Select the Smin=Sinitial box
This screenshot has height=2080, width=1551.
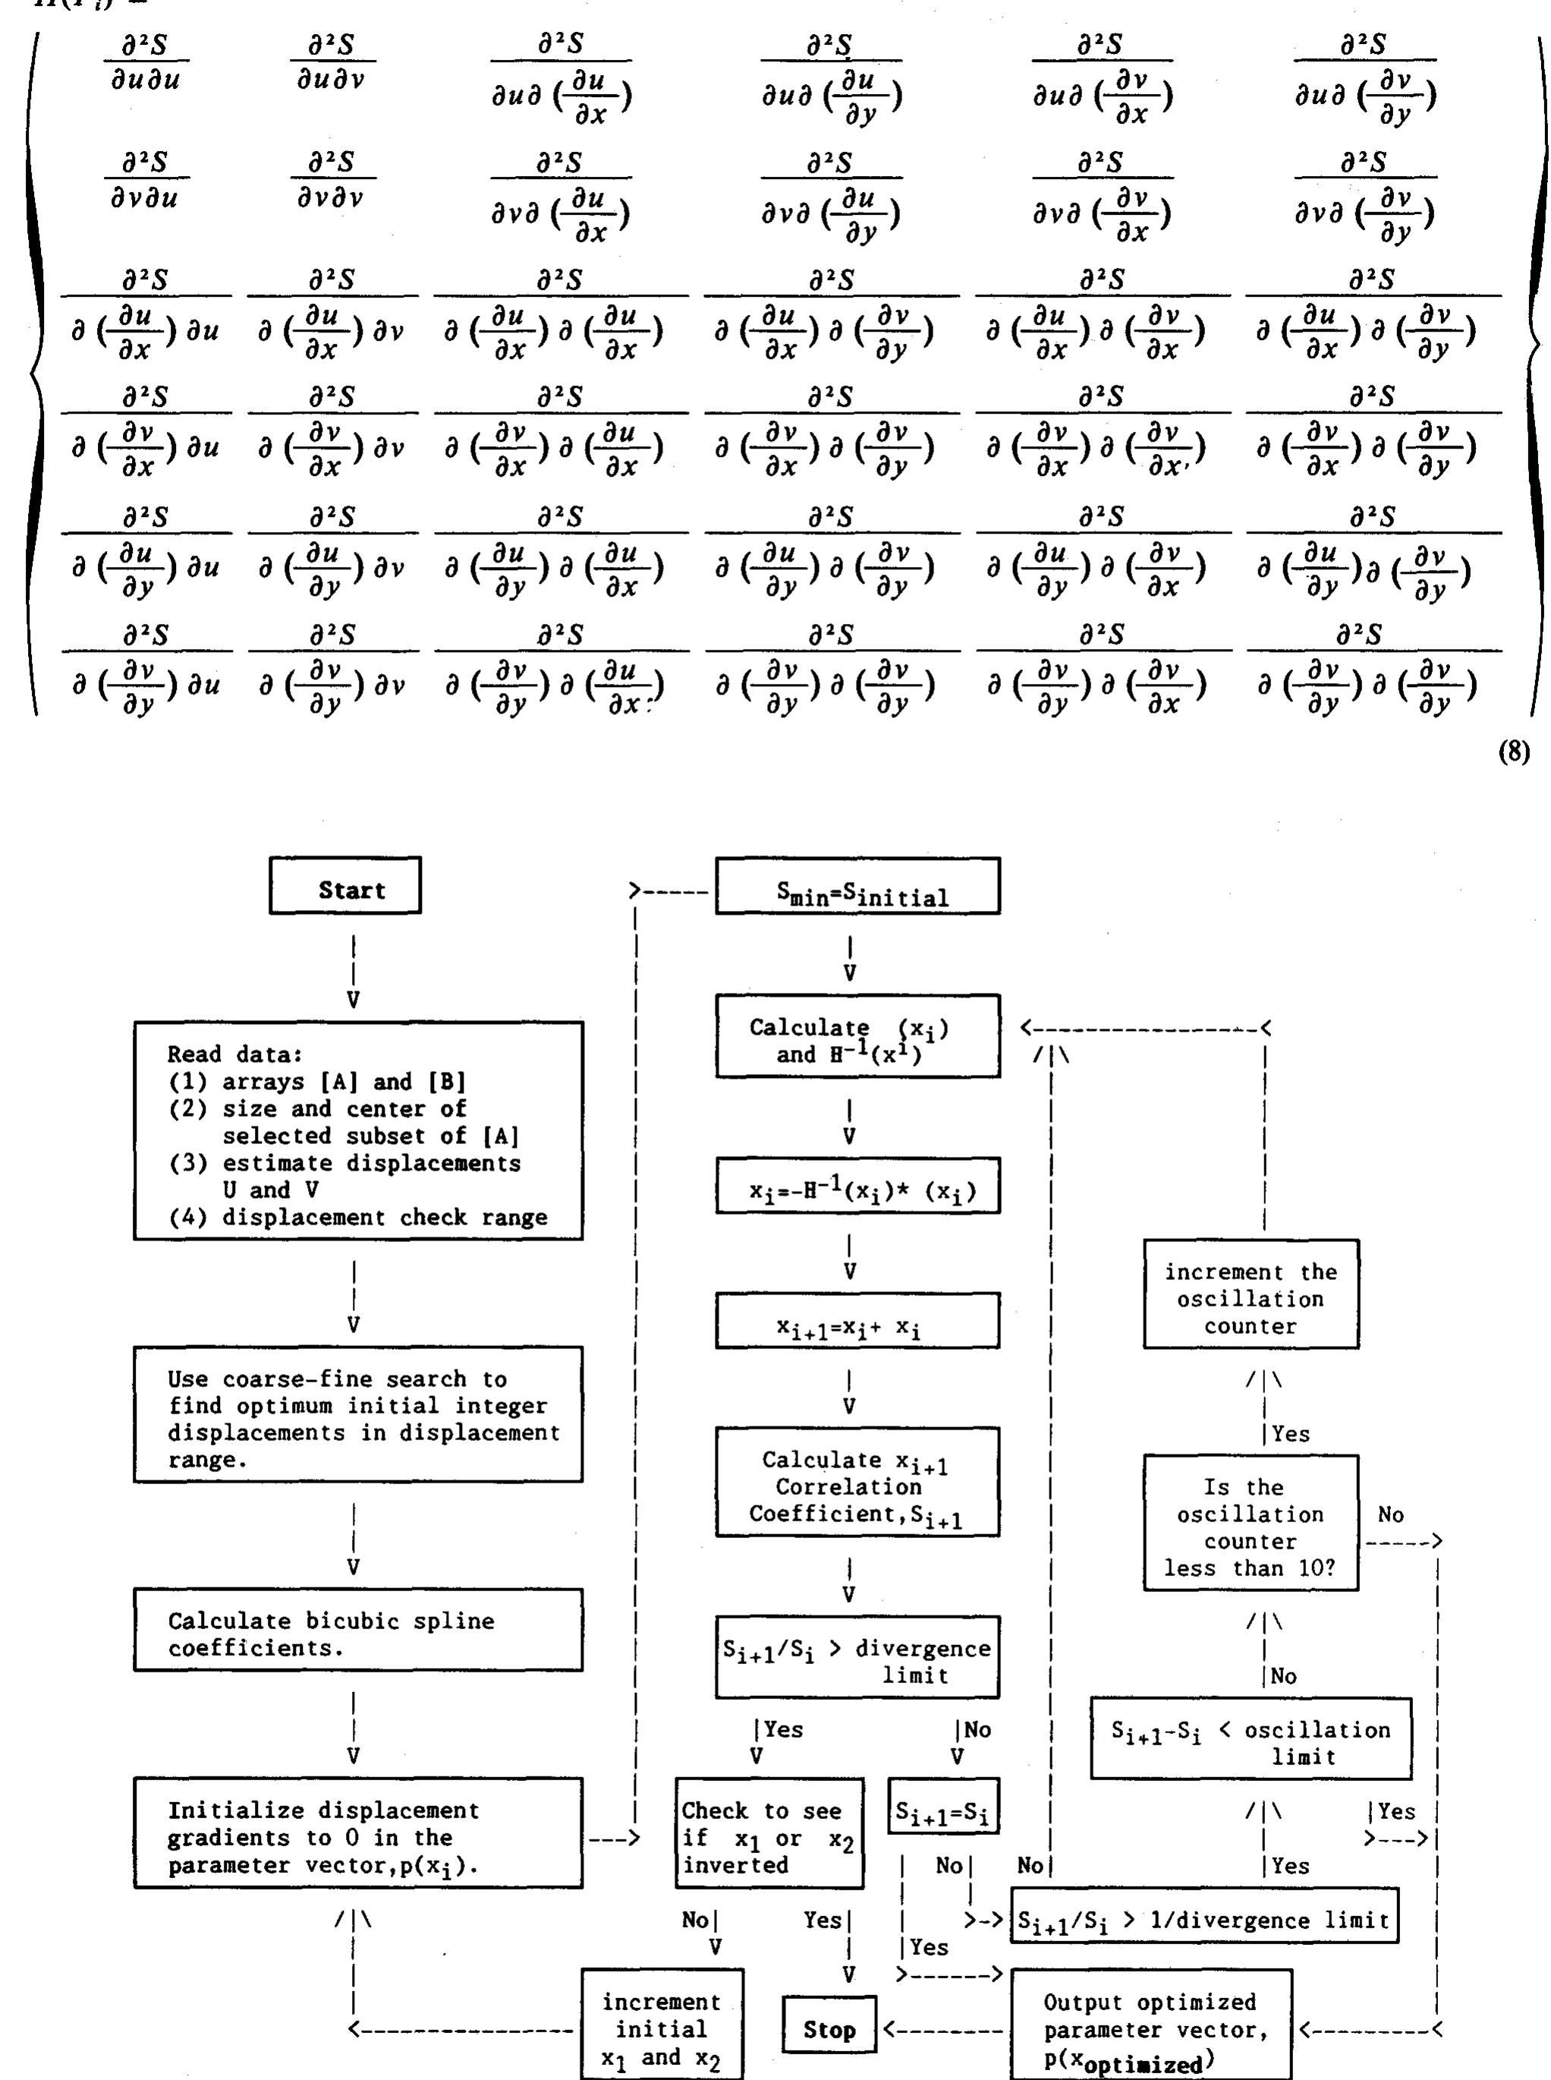(x=857, y=886)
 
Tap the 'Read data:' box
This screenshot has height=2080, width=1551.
(x=357, y=1130)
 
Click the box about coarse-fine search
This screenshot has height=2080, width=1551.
(x=357, y=1414)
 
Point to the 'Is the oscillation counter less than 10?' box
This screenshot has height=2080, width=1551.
(x=1251, y=1522)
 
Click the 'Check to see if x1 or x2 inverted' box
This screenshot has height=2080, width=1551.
(x=768, y=1833)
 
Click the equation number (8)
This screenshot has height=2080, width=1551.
(x=1512, y=752)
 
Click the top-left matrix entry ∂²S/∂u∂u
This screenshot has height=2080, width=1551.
(x=146, y=61)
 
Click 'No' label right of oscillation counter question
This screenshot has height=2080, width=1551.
(x=1390, y=1514)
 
